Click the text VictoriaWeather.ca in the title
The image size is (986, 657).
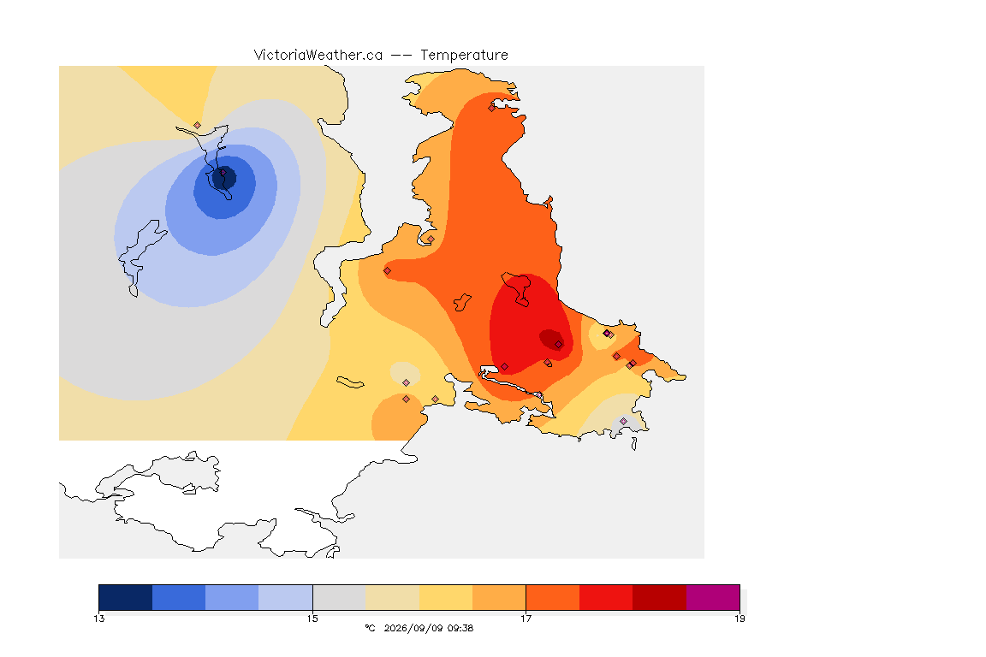318,56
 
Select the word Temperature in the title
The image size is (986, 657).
464,56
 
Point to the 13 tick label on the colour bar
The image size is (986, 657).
99,619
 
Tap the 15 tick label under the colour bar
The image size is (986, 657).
312,619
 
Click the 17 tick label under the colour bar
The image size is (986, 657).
526,619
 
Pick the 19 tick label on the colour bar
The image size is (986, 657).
739,619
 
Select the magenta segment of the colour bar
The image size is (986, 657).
713,597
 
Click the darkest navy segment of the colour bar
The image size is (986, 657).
126,597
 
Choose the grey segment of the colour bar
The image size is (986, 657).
340,597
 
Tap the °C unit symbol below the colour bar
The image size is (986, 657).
371,628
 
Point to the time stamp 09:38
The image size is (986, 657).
460,628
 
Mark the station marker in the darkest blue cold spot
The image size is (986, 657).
223,172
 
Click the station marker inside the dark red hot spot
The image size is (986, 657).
558,345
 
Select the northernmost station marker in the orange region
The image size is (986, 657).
492,108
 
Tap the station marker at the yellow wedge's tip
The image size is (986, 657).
198,126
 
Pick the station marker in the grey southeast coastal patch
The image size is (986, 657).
623,421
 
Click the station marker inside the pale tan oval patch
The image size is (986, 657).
407,383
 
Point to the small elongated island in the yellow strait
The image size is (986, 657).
350,382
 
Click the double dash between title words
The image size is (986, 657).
401,56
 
